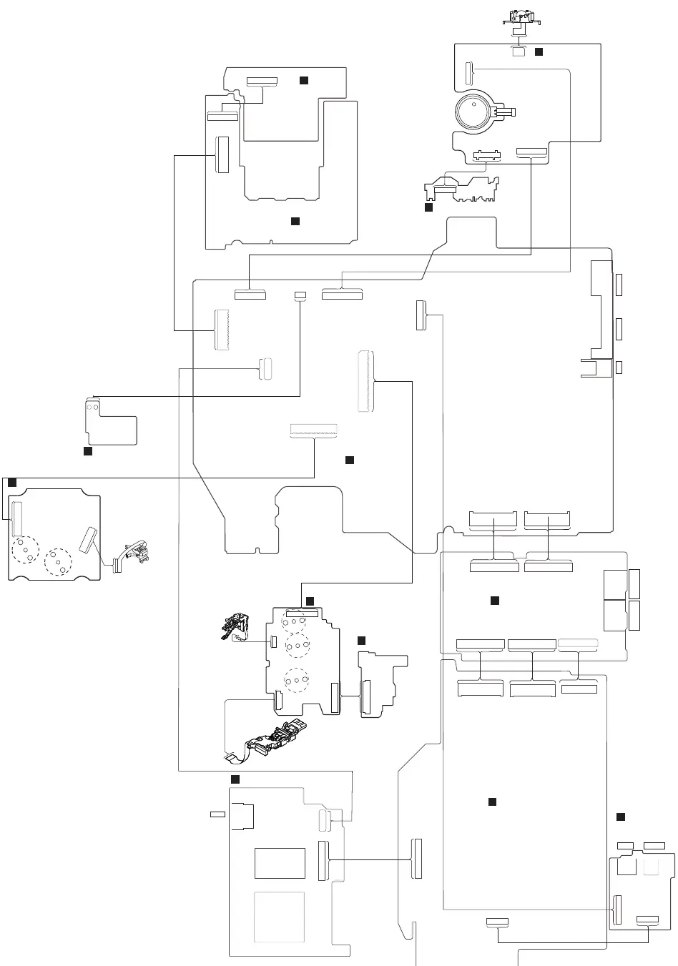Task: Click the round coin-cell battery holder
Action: [474, 113]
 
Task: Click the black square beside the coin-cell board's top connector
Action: [539, 52]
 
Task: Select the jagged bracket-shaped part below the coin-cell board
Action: [461, 189]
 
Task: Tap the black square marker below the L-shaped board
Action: [87, 452]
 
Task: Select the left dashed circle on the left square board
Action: [25, 549]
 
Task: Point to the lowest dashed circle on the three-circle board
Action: [295, 680]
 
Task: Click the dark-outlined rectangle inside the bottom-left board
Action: [280, 863]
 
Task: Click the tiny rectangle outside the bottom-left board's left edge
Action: [217, 814]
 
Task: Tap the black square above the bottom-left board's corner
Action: [235, 778]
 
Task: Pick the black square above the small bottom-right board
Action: [621, 817]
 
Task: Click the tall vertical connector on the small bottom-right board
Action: [618, 909]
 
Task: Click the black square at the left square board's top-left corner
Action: [12, 483]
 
